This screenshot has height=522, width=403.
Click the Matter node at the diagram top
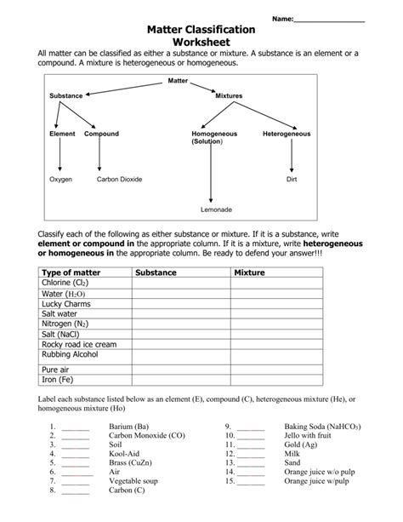(x=177, y=79)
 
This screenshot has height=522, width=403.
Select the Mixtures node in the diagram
(x=230, y=96)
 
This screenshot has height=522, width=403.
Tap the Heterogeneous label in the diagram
(x=287, y=134)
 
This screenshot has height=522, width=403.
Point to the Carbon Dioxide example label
(x=119, y=180)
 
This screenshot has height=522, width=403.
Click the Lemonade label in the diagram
(x=216, y=209)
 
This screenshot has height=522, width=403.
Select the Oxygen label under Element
(x=60, y=180)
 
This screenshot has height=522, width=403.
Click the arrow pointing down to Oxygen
(x=60, y=158)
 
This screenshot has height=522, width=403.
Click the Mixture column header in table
(x=250, y=272)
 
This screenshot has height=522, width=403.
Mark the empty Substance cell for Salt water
(x=181, y=313)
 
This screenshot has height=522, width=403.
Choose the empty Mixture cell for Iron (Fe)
(x=276, y=380)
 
